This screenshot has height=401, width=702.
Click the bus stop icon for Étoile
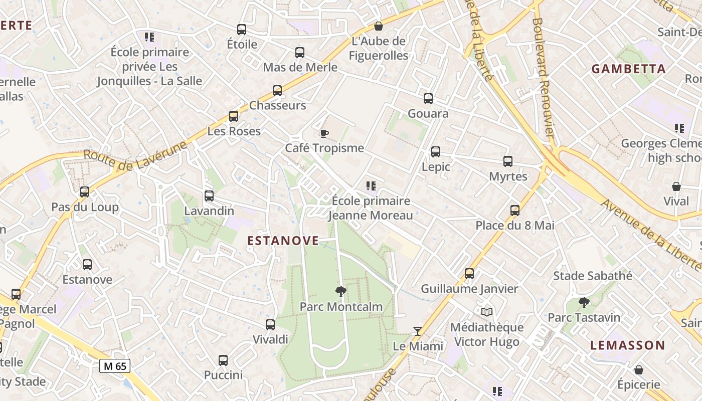pyautogui.click(x=242, y=30)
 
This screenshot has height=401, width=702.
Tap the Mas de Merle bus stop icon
pyautogui.click(x=300, y=53)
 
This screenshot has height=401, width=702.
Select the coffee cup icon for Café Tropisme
pyautogui.click(x=324, y=133)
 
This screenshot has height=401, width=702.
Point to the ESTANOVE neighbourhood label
pyautogui.click(x=283, y=241)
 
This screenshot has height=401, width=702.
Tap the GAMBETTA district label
pyautogui.click(x=629, y=69)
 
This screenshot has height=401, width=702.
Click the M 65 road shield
pyautogui.click(x=115, y=366)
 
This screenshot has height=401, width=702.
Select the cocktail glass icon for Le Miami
pyautogui.click(x=417, y=331)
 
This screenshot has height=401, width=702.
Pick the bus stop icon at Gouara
pyautogui.click(x=428, y=99)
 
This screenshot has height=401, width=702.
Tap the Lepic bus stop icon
pyautogui.click(x=436, y=152)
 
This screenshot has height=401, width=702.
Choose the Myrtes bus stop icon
pyautogui.click(x=508, y=161)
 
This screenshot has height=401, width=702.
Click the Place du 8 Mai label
pyautogui.click(x=515, y=226)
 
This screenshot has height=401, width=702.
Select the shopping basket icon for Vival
pyautogui.click(x=676, y=186)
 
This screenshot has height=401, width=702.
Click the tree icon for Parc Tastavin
pyautogui.click(x=584, y=303)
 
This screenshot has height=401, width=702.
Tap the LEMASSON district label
pyautogui.click(x=627, y=345)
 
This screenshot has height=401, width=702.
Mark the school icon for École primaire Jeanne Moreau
pyautogui.click(x=371, y=186)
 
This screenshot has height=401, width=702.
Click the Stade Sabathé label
pyautogui.click(x=593, y=276)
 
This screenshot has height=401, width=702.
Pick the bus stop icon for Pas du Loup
pyautogui.click(x=85, y=192)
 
